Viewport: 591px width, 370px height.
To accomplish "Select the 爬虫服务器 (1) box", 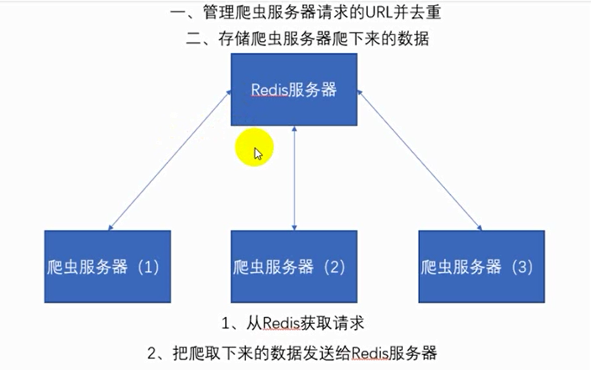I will click(107, 267).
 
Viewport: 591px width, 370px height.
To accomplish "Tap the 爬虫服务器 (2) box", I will click(294, 267).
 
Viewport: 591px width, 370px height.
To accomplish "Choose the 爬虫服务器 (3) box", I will click(482, 267).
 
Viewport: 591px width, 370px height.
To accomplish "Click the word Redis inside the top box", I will click(269, 90).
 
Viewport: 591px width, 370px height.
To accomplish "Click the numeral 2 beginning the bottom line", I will click(151, 351).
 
